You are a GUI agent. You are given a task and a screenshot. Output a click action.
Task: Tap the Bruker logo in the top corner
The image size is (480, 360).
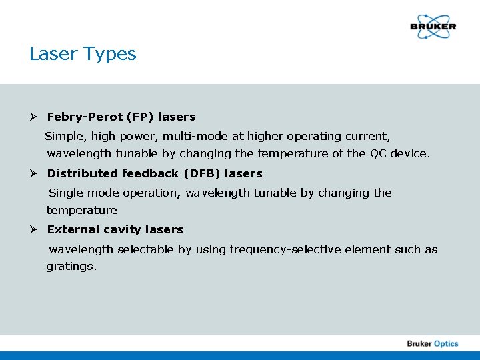pos(433,27)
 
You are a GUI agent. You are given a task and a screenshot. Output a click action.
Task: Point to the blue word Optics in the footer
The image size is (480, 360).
pos(446,343)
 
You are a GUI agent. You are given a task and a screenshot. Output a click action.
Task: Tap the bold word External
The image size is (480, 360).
pos(70,229)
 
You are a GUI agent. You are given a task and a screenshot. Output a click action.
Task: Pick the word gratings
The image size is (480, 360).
pos(71,267)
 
